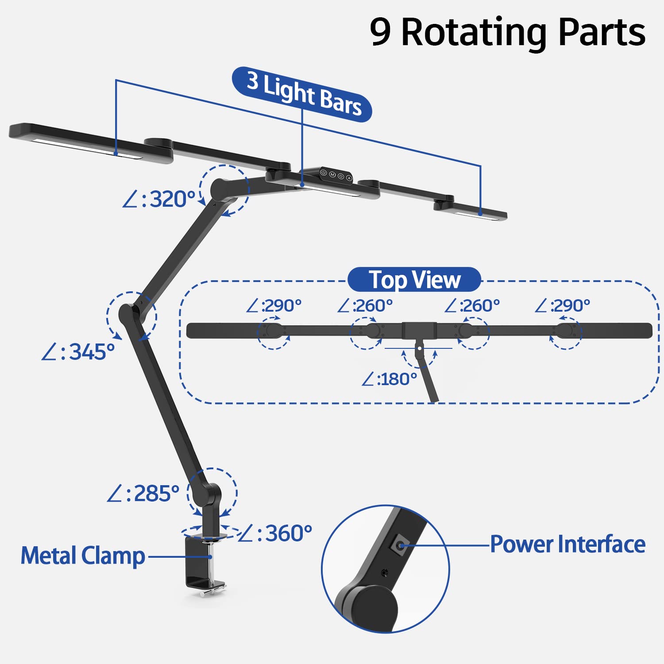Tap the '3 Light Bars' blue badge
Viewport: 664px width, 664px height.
click(302, 94)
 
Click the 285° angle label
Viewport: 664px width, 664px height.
click(143, 494)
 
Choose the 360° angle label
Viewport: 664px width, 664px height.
click(275, 533)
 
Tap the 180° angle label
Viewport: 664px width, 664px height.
click(389, 379)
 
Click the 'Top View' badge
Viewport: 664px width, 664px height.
click(414, 280)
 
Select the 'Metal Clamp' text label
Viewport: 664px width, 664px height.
click(83, 556)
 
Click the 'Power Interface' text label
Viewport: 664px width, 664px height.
click(567, 544)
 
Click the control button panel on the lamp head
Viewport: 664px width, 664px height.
click(336, 175)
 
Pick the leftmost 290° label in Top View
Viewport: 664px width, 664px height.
click(274, 306)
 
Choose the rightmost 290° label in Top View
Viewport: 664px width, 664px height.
click(562, 306)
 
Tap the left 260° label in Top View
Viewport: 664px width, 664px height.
click(365, 306)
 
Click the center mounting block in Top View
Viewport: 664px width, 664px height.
click(419, 331)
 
